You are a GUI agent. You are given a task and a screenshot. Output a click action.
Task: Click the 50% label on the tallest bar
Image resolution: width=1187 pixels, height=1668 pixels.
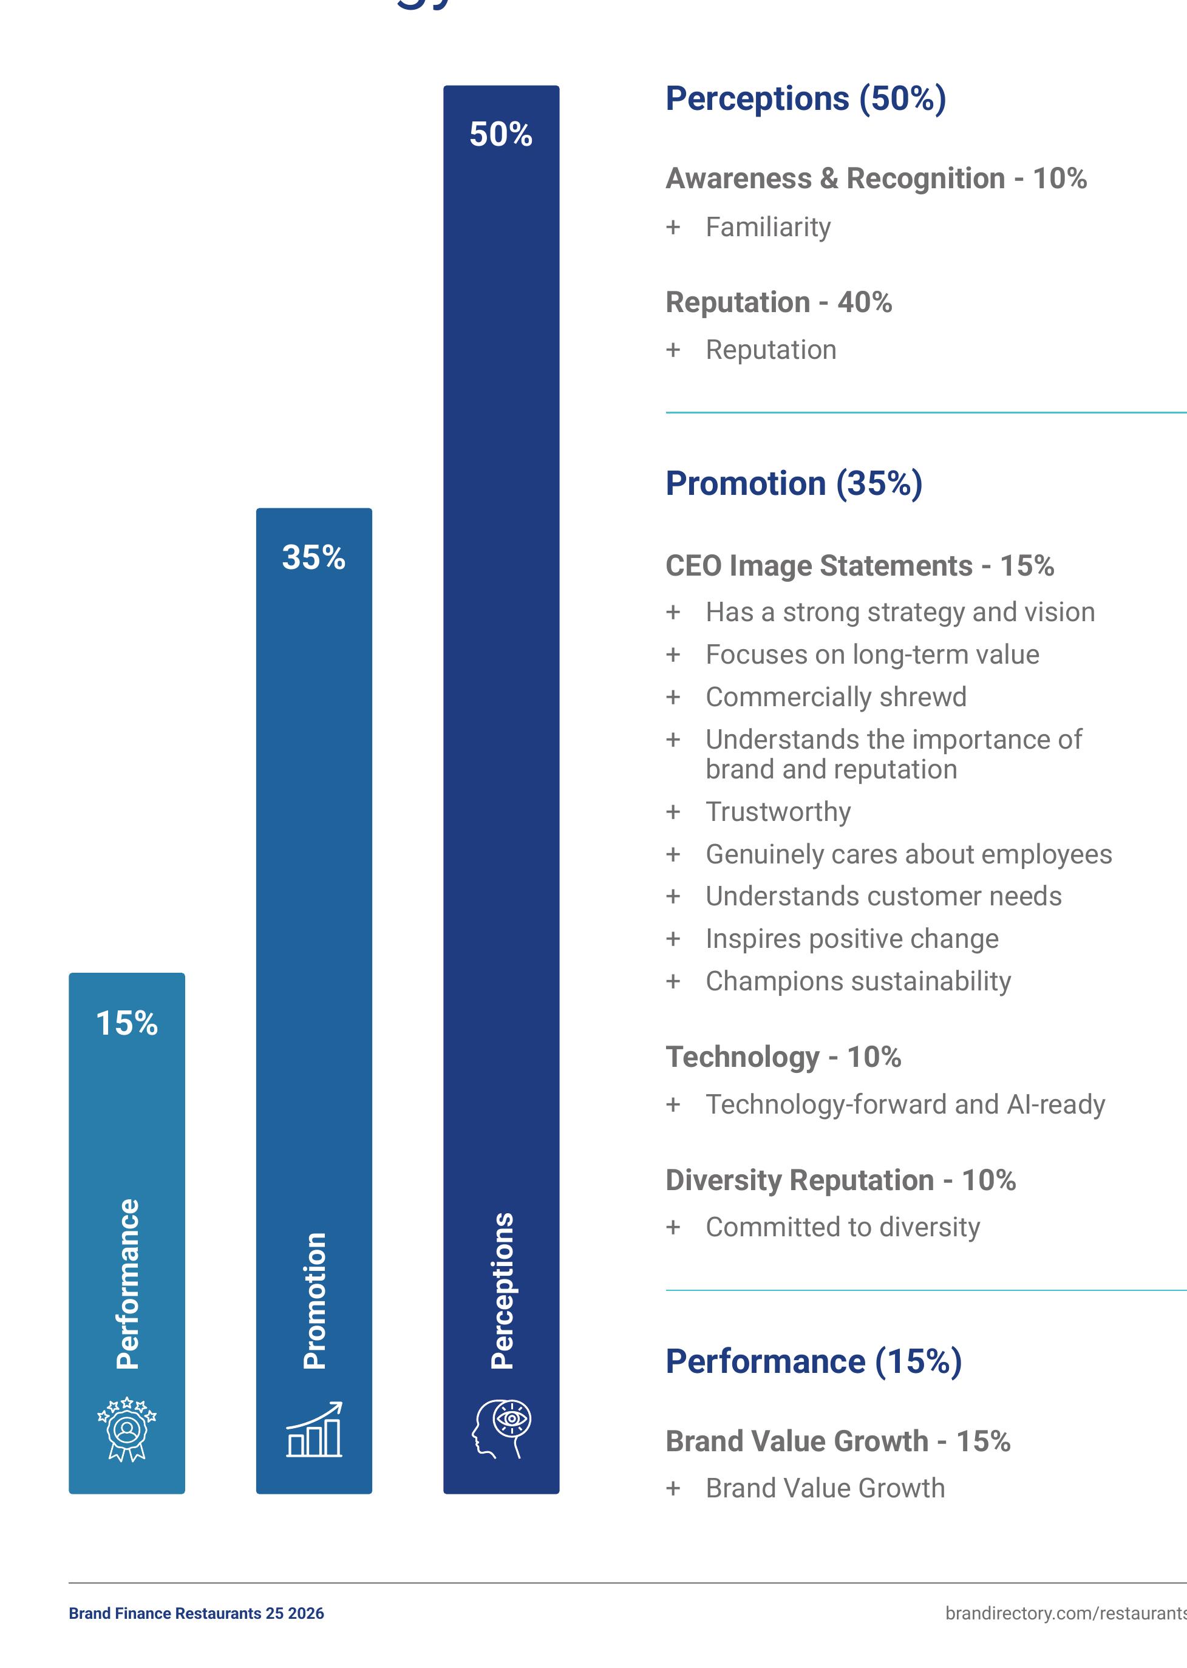pyautogui.click(x=501, y=134)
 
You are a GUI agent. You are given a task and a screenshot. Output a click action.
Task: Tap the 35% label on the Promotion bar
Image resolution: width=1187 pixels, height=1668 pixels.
pyautogui.click(x=313, y=557)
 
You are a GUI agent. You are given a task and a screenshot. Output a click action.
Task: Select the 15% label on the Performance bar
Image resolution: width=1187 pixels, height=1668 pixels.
pyautogui.click(x=126, y=1023)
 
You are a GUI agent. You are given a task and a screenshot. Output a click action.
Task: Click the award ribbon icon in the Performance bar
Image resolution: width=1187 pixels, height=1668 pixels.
pyautogui.click(x=127, y=1430)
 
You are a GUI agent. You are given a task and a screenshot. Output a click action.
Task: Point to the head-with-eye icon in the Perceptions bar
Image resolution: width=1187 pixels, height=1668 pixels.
pyautogui.click(x=502, y=1430)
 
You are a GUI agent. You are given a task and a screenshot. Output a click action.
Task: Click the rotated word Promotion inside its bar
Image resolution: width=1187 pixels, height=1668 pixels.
pyautogui.click(x=315, y=1301)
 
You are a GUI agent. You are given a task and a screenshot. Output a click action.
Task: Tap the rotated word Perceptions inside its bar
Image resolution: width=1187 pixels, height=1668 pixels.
pyautogui.click(x=502, y=1291)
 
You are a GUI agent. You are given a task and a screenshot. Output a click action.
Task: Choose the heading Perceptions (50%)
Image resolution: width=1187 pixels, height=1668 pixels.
pyautogui.click(x=806, y=99)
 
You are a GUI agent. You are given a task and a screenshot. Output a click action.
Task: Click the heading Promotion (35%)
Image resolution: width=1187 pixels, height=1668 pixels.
pyautogui.click(x=794, y=484)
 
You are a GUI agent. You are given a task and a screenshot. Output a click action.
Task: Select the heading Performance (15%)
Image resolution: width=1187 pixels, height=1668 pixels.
pyautogui.click(x=814, y=1362)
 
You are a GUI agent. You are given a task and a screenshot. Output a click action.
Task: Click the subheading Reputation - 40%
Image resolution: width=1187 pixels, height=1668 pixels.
pyautogui.click(x=778, y=302)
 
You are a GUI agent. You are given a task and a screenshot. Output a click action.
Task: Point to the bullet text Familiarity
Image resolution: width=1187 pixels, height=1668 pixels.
pyautogui.click(x=768, y=227)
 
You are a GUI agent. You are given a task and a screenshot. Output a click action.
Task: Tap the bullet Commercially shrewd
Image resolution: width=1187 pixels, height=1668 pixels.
pyautogui.click(x=836, y=696)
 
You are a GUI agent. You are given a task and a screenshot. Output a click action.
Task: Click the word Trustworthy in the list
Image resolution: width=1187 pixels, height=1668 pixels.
pyautogui.click(x=778, y=812)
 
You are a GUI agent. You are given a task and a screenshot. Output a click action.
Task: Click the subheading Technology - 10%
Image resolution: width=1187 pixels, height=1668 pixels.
pyautogui.click(x=783, y=1057)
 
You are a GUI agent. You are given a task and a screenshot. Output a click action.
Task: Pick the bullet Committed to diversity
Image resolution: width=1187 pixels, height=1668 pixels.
pyautogui.click(x=843, y=1227)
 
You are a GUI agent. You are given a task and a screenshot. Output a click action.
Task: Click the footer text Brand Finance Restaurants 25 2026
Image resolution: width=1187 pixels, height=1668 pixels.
pyautogui.click(x=196, y=1614)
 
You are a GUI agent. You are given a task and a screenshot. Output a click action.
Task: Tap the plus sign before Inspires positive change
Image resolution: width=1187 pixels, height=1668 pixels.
pyautogui.click(x=673, y=939)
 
